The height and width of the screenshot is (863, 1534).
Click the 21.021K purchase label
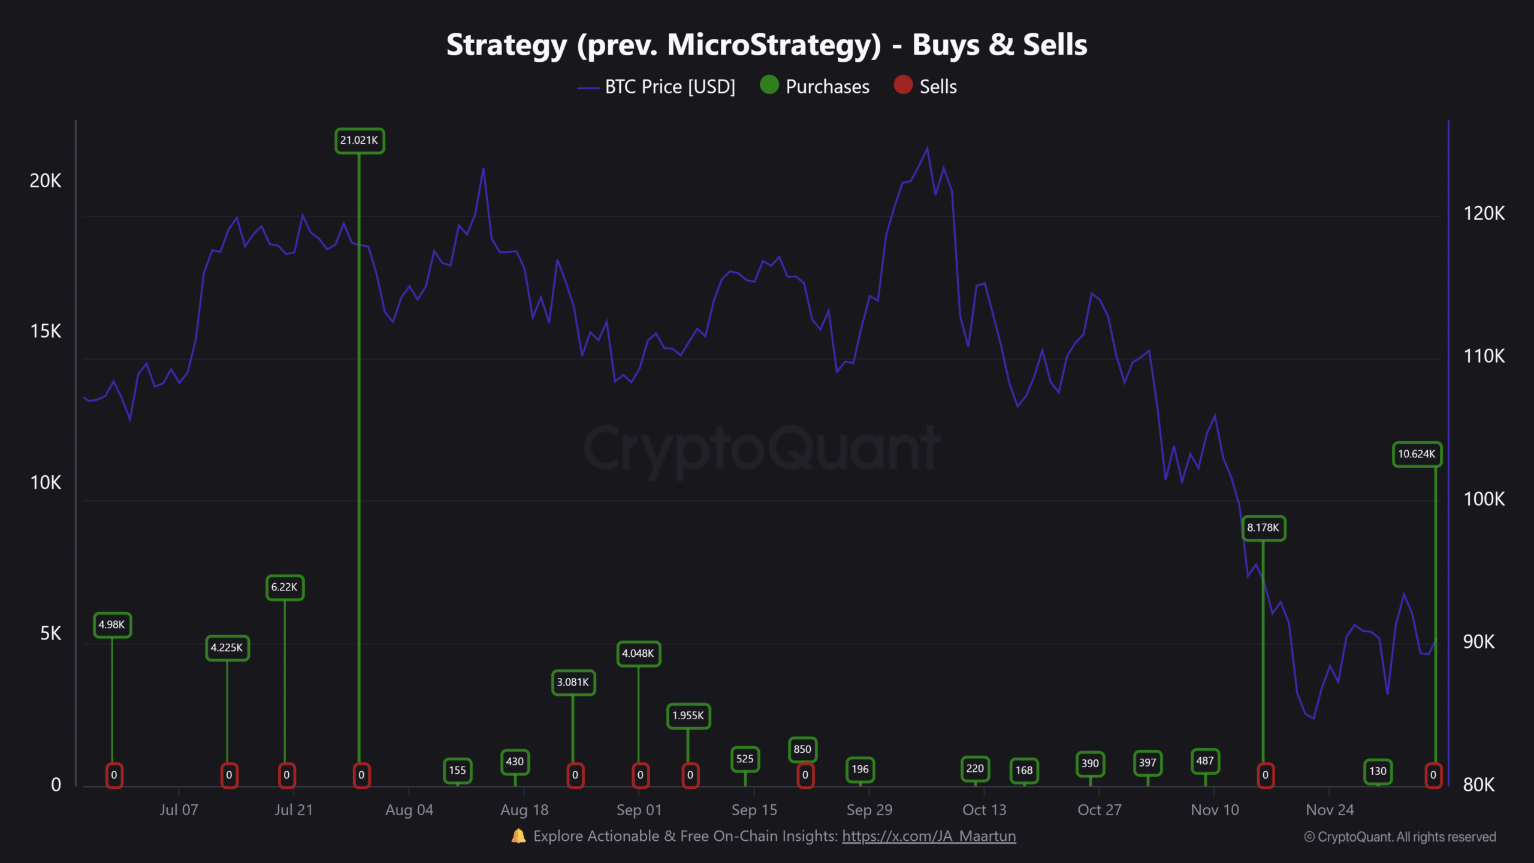point(360,141)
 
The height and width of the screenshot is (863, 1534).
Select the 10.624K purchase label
point(1417,454)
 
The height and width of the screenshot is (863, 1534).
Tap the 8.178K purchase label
point(1263,528)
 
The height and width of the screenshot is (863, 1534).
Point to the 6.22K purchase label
point(285,587)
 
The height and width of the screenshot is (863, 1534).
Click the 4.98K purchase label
point(112,625)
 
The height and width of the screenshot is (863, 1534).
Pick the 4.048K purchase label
point(638,654)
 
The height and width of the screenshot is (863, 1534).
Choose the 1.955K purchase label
point(688,716)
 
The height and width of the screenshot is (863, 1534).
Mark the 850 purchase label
point(802,749)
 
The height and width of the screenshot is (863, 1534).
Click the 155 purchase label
point(457,771)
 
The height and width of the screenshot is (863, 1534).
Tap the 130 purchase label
point(1378,771)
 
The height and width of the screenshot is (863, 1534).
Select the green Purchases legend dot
point(769,85)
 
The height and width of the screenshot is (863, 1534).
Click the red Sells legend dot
point(903,85)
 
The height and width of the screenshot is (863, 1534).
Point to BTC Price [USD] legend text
point(670,87)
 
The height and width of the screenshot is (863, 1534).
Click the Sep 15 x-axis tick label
point(754,810)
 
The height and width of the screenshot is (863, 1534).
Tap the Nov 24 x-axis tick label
point(1330,810)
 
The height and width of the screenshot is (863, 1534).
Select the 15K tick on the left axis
point(46,331)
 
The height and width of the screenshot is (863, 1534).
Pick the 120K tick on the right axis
point(1484,213)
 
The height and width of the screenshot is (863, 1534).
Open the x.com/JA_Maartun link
point(929,836)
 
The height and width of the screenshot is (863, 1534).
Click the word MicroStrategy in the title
point(774,46)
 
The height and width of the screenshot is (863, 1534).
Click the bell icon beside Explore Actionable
point(518,836)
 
